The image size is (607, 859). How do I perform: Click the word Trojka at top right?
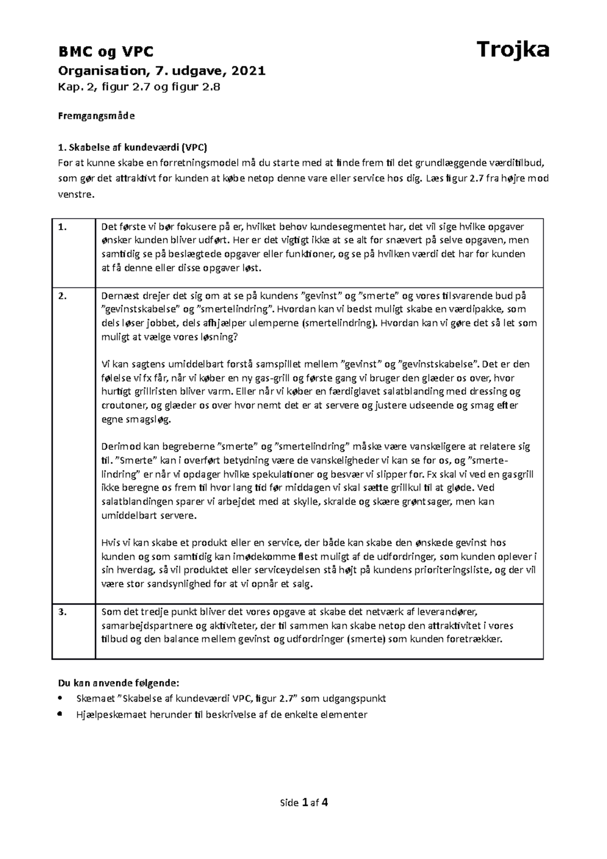(x=513, y=50)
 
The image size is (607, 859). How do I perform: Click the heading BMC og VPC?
(x=106, y=52)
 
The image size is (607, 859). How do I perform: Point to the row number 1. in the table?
(x=62, y=227)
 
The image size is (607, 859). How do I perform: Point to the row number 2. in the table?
(x=62, y=296)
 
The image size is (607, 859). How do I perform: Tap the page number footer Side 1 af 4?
(x=303, y=802)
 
